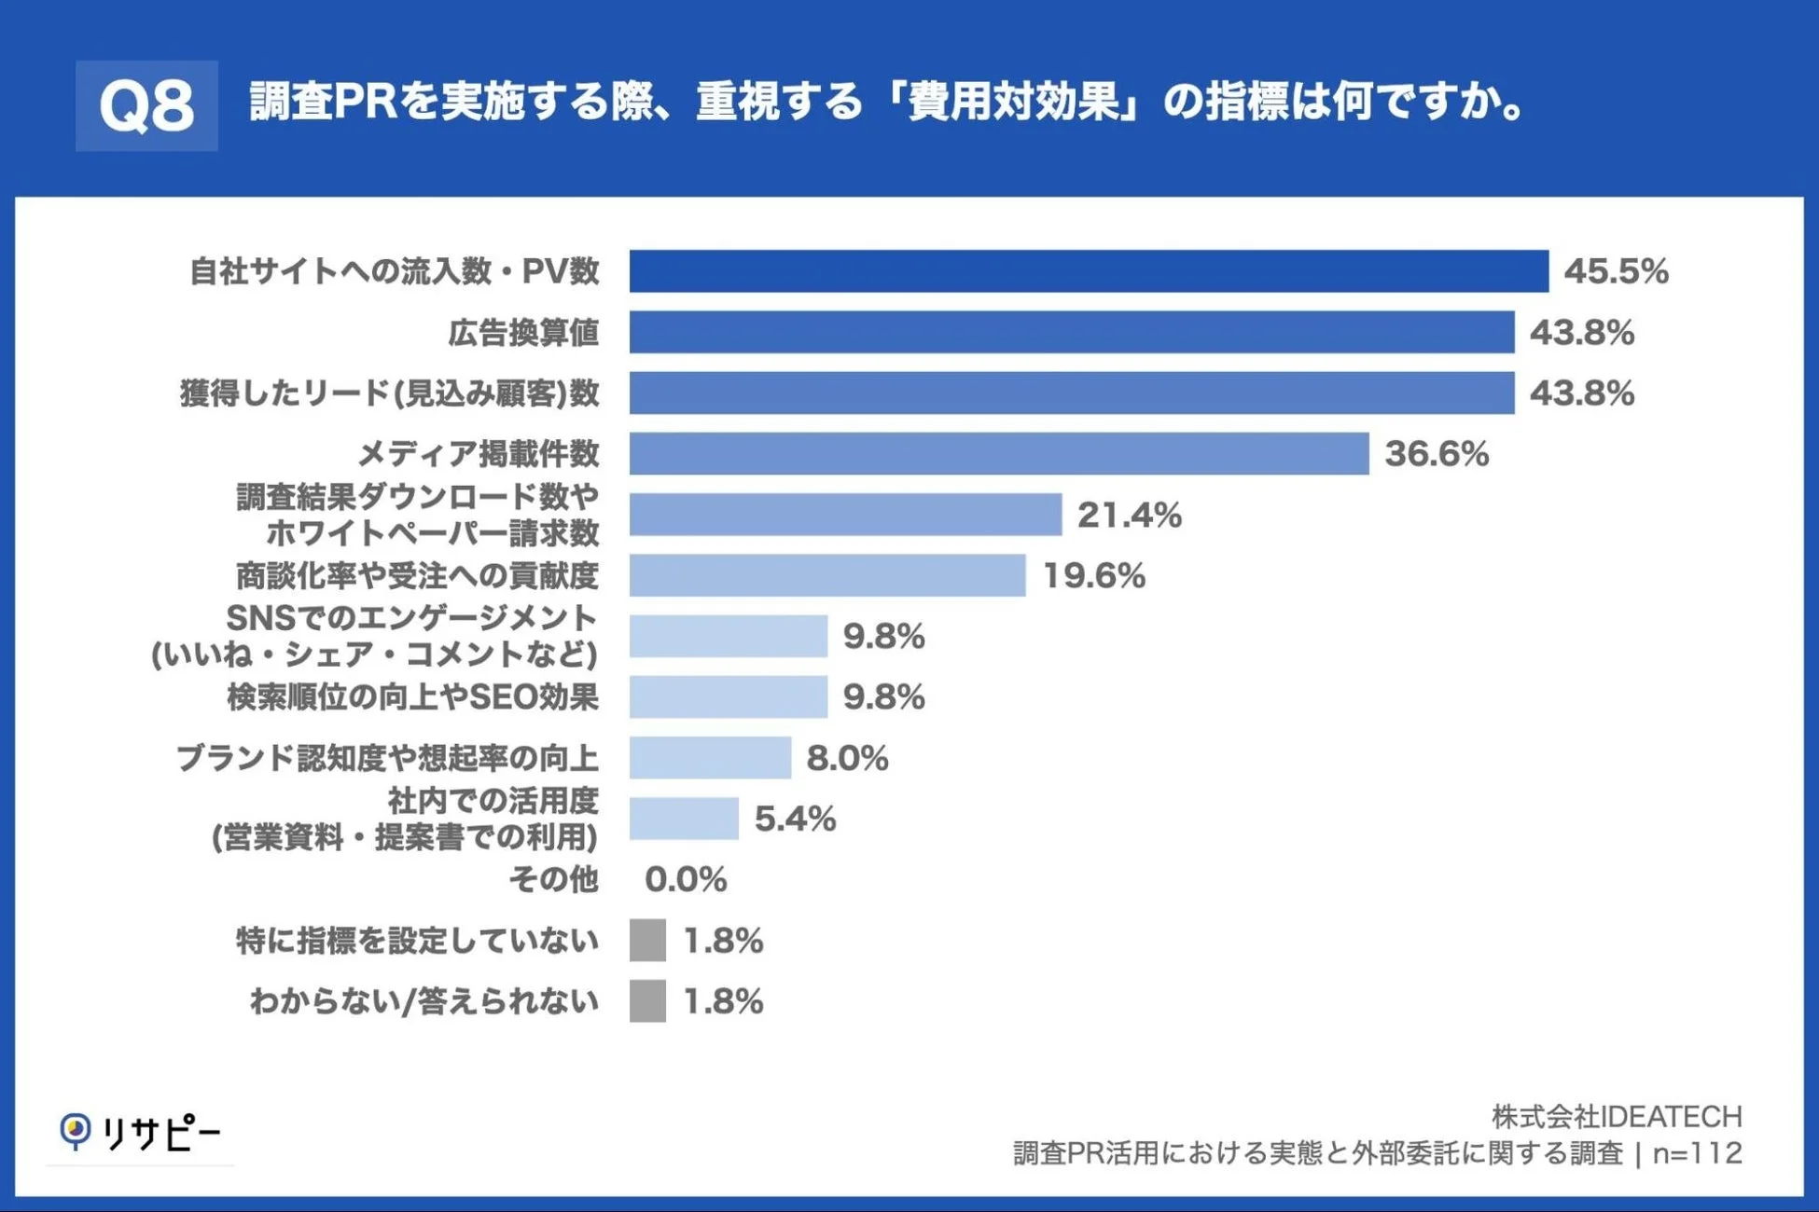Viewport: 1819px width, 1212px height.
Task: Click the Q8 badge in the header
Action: (x=146, y=105)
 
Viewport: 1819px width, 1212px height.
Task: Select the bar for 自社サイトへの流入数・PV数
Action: (x=1088, y=271)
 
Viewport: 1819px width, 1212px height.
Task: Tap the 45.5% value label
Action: (x=1616, y=271)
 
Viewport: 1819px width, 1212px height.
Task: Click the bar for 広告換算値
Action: (x=1071, y=332)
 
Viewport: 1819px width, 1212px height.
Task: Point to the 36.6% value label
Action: (x=1437, y=454)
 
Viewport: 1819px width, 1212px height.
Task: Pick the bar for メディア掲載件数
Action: (x=998, y=454)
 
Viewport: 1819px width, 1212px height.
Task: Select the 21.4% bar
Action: (x=845, y=515)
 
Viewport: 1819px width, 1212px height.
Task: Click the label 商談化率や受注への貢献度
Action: (x=416, y=575)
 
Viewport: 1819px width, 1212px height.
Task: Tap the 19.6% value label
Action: (x=1093, y=575)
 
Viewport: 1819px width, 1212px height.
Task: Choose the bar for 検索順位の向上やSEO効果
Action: (x=728, y=697)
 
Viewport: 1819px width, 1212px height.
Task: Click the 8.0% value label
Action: (x=847, y=758)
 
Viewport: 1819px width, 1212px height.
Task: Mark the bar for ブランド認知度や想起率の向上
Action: (x=710, y=758)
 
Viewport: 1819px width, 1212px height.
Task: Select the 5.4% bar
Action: (x=684, y=819)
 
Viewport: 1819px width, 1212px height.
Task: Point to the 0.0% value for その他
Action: (x=686, y=879)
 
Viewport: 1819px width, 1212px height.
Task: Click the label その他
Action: (x=553, y=879)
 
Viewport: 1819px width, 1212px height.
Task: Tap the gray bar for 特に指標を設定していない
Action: (x=647, y=940)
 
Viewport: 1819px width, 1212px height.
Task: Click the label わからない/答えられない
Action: (x=424, y=1001)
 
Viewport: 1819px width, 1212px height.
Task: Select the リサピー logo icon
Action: (x=75, y=1131)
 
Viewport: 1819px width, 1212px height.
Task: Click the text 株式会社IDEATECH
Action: (x=1616, y=1116)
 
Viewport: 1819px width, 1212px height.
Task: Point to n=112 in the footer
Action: (x=1697, y=1153)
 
